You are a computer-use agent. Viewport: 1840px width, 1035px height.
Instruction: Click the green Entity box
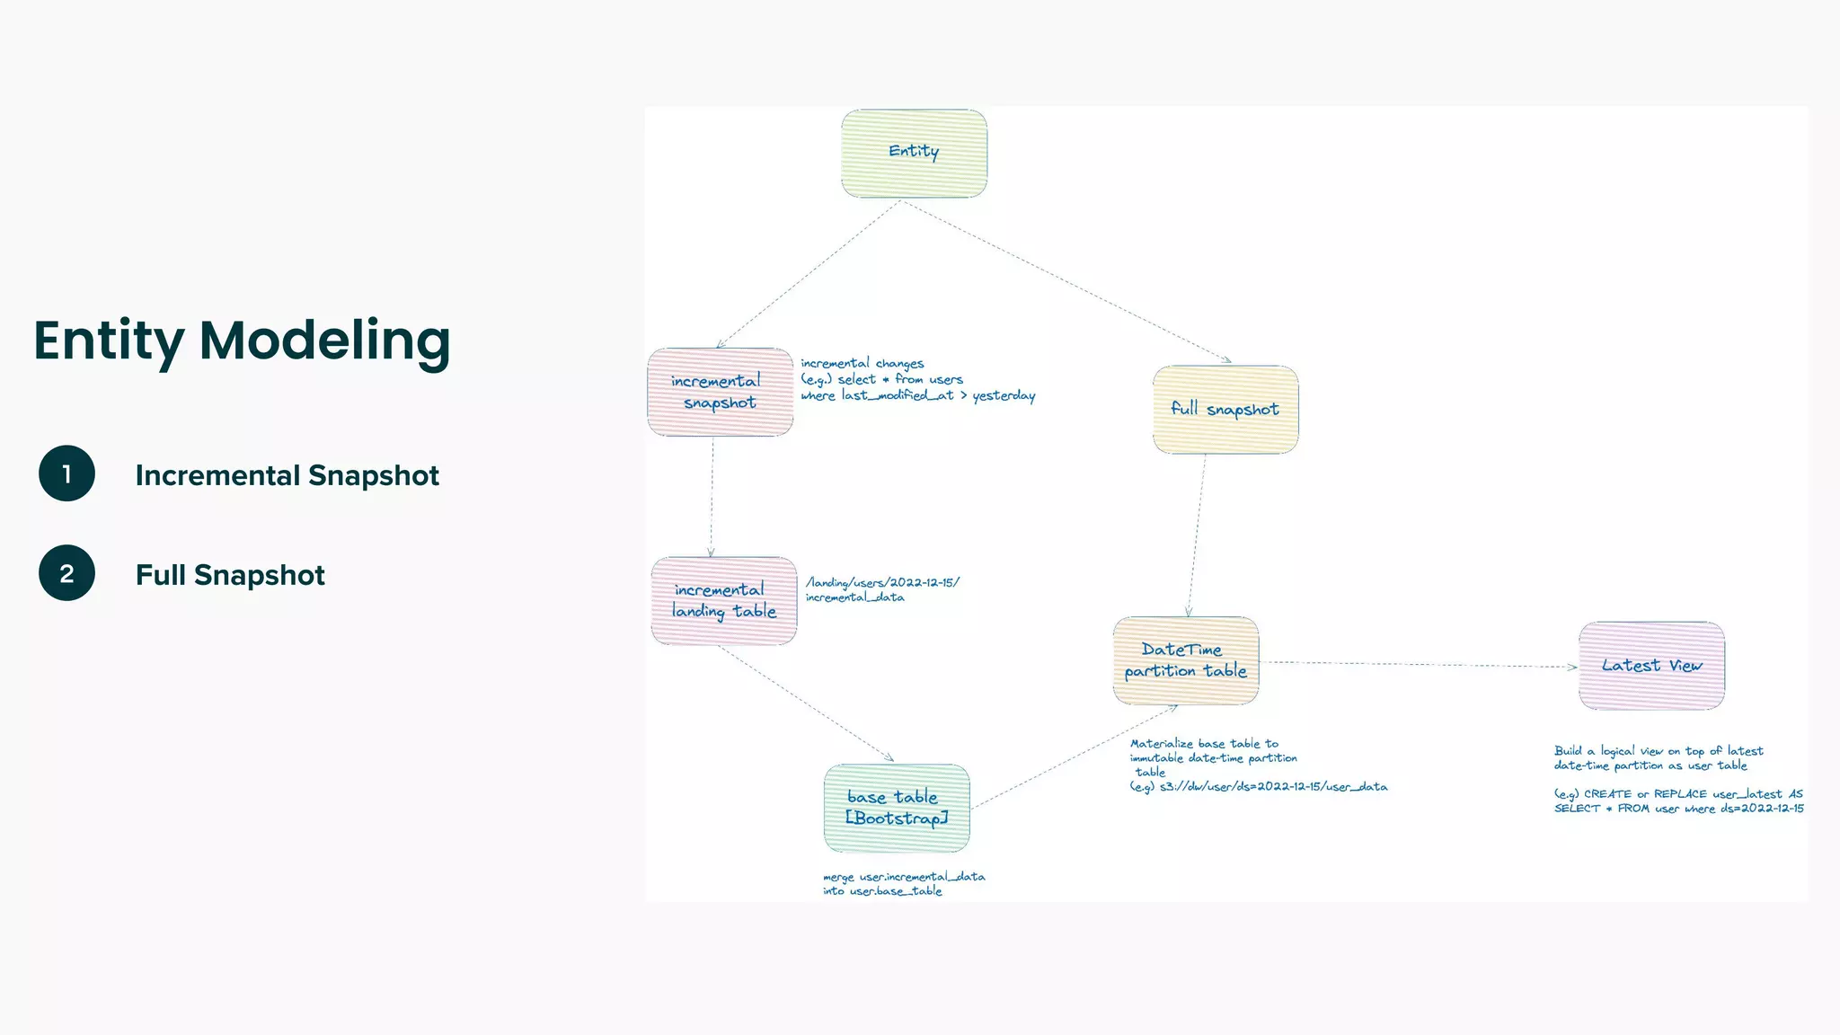pos(914,153)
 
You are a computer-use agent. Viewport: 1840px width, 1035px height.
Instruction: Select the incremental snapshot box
pos(720,392)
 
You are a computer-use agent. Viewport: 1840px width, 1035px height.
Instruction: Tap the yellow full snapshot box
pos(1225,410)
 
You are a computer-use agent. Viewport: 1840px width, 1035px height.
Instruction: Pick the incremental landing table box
pos(723,600)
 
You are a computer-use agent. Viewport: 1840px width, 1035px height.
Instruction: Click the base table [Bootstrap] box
pos(896,808)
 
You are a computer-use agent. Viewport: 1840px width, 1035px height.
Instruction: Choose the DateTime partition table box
pos(1185,660)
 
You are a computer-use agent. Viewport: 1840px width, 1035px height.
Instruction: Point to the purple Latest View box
pos(1651,666)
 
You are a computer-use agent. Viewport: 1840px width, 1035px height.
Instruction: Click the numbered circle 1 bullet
pos(66,473)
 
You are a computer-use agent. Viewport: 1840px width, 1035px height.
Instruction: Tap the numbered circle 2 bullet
pos(66,573)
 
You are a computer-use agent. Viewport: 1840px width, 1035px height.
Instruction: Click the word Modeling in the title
pos(324,341)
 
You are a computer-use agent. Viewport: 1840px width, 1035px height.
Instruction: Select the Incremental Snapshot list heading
pos(287,475)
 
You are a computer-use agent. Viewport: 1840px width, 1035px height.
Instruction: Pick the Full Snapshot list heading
pos(230,575)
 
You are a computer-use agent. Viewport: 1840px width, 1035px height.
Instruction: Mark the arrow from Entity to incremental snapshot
pos(809,273)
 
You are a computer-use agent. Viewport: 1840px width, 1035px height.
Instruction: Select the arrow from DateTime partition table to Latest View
pos(1420,665)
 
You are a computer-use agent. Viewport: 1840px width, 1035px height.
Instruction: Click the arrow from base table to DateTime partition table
pos(1074,756)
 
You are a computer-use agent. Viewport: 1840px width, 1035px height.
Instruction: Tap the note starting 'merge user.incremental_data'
pos(903,883)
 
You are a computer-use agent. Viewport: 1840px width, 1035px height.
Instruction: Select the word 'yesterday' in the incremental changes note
pos(1004,396)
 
